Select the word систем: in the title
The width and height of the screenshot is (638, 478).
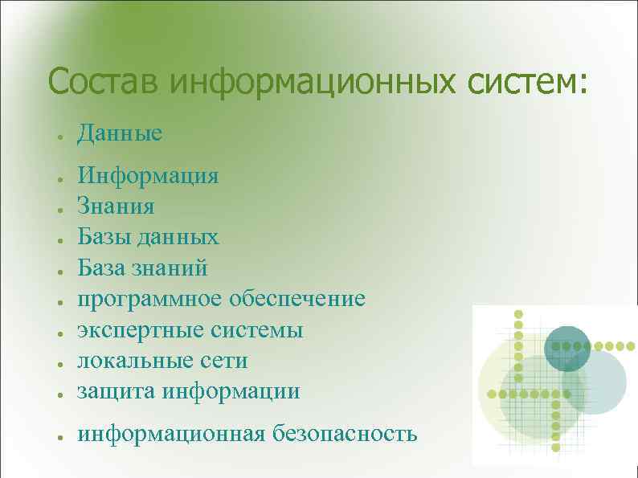coord(526,81)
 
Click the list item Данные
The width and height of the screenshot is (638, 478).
coord(120,133)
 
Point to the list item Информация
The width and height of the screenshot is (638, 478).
coord(148,176)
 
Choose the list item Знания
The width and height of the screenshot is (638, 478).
coord(116,206)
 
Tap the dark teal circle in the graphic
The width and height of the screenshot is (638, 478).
coord(567,349)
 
